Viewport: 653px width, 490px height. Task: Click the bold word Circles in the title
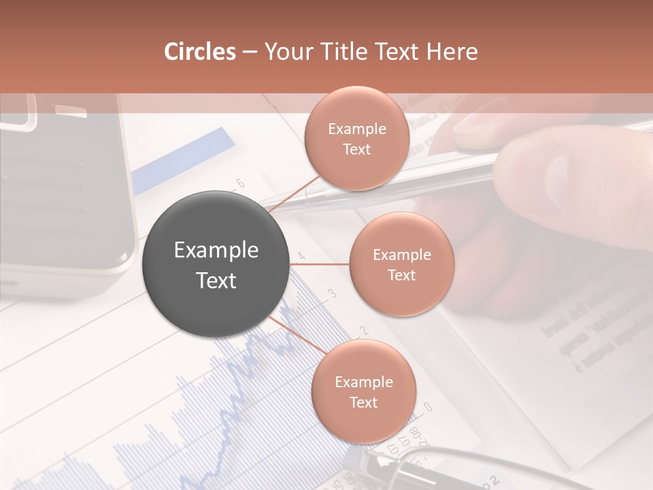tap(200, 52)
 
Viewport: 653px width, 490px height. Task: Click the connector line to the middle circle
tap(320, 264)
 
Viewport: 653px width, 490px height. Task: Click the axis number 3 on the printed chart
tap(333, 293)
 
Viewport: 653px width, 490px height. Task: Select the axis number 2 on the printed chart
tap(363, 331)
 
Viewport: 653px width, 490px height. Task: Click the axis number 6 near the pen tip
tap(239, 183)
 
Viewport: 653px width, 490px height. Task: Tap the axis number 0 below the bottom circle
tap(428, 407)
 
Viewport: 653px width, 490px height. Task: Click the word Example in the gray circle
tap(216, 250)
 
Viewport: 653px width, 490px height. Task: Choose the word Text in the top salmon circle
tap(356, 150)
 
